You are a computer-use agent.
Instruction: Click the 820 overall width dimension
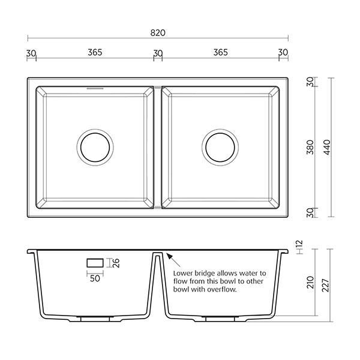tap(158, 33)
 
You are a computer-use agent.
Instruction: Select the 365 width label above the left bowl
tap(95, 52)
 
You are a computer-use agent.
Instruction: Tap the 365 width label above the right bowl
tap(220, 52)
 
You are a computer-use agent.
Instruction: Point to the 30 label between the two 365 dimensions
tap(158, 53)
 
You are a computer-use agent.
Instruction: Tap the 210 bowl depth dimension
tap(310, 281)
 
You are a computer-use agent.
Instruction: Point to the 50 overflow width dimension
tap(95, 278)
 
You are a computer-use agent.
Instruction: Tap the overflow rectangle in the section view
tap(95, 263)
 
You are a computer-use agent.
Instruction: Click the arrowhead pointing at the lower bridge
tap(170, 257)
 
